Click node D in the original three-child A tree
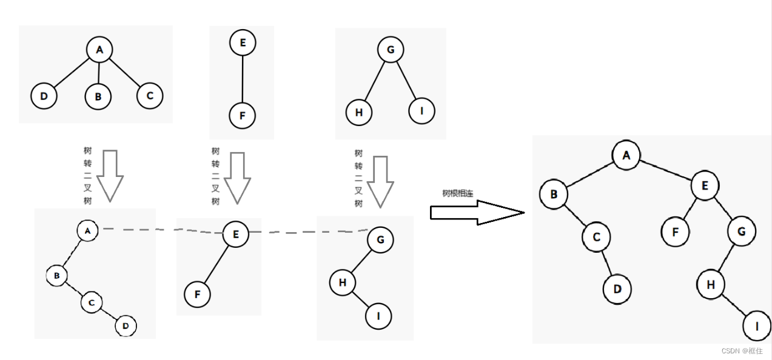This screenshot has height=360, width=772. (44, 96)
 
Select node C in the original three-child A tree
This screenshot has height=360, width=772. (150, 95)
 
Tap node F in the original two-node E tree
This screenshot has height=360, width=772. (243, 115)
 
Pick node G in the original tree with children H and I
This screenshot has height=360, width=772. (390, 50)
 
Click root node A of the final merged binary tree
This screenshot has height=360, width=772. (626, 155)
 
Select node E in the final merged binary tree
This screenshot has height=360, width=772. (704, 185)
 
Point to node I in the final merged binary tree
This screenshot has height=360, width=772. (756, 327)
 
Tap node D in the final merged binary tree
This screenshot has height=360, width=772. (617, 288)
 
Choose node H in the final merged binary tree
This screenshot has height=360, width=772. (711, 284)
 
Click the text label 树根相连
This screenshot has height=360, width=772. (458, 193)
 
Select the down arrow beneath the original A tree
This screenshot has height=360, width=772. (110, 176)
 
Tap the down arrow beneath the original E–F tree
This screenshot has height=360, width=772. (237, 178)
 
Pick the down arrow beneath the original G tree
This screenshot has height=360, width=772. (380, 182)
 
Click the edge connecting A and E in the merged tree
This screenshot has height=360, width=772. (665, 170)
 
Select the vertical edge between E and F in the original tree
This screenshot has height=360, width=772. (243, 79)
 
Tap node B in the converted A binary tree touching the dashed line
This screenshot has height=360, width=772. (56, 276)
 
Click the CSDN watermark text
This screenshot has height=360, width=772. (742, 351)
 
